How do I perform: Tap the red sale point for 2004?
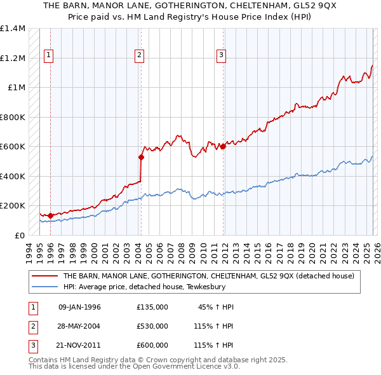pos(141,157)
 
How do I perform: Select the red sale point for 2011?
pos(224,147)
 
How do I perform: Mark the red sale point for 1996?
pos(50,215)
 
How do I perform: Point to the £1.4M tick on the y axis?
pos(13,29)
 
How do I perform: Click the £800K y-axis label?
pos(12,117)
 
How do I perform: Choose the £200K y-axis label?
pos(12,206)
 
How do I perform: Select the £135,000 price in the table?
pos(152,307)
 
